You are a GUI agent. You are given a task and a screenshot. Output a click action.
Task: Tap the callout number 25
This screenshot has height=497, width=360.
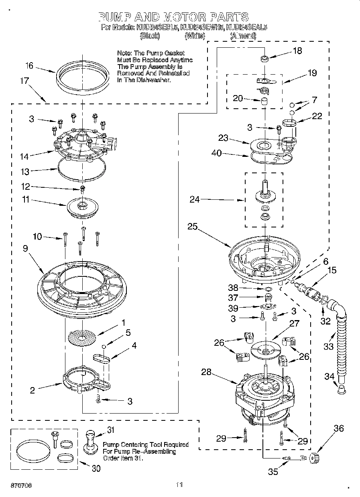[x=192, y=226]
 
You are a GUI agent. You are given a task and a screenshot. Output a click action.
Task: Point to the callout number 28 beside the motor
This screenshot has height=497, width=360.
[x=206, y=372]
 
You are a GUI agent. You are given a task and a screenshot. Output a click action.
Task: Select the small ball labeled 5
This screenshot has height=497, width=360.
[x=104, y=346]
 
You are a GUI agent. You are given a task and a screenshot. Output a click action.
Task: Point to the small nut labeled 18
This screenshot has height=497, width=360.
[x=264, y=59]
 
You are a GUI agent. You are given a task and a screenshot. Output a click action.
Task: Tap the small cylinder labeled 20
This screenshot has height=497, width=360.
[x=264, y=100]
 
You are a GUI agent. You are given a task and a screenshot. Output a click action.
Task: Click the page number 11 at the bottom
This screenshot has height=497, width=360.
[x=179, y=485]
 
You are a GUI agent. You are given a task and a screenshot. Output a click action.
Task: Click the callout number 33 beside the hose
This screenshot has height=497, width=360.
[x=328, y=346]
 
